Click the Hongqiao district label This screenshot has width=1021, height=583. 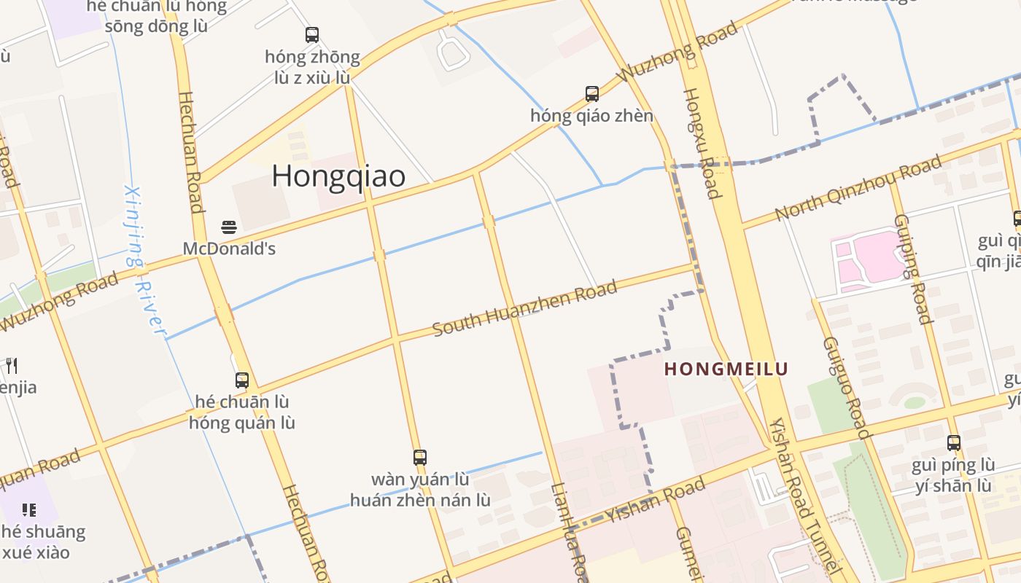click(338, 176)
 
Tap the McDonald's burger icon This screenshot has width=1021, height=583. click(229, 227)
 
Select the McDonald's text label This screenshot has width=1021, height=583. click(229, 249)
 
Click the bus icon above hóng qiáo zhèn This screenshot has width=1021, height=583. click(592, 94)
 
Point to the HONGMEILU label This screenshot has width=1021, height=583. click(726, 369)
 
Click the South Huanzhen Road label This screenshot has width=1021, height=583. click(525, 308)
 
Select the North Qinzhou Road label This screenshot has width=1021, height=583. click(858, 189)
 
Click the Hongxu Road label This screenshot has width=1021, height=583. click(702, 143)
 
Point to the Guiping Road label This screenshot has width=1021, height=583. click(912, 268)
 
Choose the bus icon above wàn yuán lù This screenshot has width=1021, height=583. click(420, 458)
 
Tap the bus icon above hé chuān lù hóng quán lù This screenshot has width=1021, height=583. click(242, 380)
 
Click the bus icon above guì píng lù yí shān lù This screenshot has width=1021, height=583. click(954, 442)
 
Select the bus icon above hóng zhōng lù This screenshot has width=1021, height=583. click(312, 34)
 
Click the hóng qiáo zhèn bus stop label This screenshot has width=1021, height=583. click(592, 116)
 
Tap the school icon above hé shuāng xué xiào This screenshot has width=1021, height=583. click(29, 509)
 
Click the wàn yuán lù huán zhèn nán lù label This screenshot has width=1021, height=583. click(420, 490)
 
